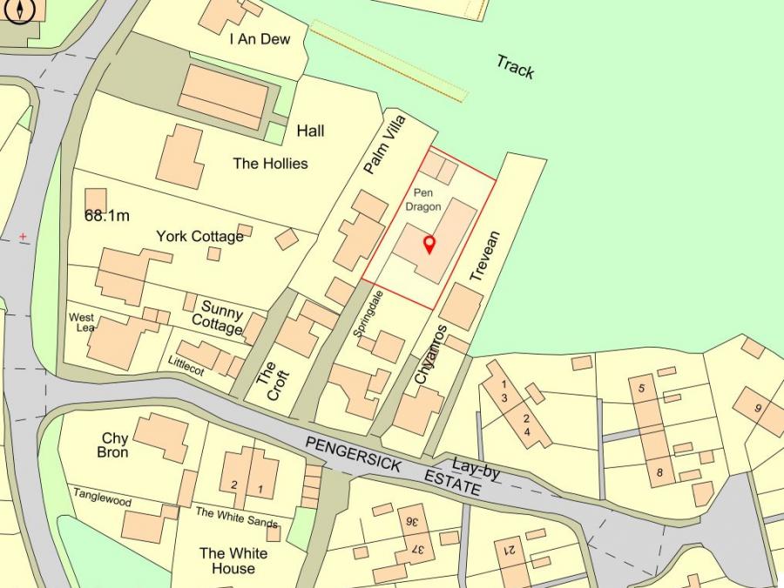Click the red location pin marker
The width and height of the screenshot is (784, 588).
pos(429,244)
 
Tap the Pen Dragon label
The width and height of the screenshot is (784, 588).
pos(423,199)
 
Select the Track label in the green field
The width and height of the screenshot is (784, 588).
pos(515,67)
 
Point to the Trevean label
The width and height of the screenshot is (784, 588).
pos(485,256)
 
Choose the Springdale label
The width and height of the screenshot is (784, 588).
pos(368,314)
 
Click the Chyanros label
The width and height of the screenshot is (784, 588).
pos(430,355)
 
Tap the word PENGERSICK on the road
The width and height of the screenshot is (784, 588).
pos(353,456)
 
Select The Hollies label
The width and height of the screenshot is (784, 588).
pos(270,163)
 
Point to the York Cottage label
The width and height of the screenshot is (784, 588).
pos(200,236)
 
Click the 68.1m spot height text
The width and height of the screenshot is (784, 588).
pos(107,215)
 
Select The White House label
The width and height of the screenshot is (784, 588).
pos(233,560)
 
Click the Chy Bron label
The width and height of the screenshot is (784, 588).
pos(114,445)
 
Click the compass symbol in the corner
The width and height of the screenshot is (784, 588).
pos(19,10)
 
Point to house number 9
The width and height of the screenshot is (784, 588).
pos(758,408)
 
